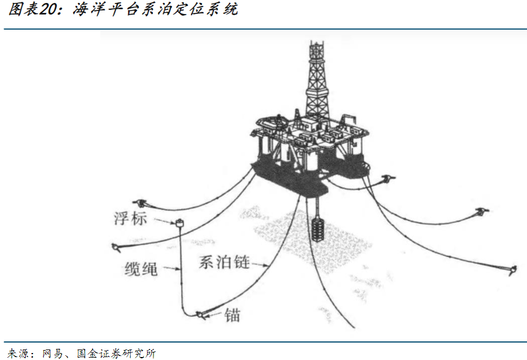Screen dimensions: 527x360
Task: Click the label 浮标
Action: point(130,218)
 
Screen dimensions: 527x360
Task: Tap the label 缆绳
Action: point(141,269)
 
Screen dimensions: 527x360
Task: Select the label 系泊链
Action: point(224,262)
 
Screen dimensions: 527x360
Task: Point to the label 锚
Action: point(232,315)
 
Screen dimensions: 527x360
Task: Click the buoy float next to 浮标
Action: point(180,222)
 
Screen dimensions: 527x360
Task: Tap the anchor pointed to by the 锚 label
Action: point(201,315)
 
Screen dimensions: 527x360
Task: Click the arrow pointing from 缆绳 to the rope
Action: point(172,268)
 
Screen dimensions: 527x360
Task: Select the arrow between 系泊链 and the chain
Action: point(260,265)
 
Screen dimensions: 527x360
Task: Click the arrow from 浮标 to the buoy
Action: point(165,222)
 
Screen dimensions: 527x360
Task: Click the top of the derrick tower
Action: point(316,41)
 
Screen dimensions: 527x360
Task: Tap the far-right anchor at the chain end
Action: point(512,270)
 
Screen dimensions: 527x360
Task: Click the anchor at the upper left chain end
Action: point(140,202)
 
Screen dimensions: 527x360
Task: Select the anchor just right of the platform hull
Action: point(389,179)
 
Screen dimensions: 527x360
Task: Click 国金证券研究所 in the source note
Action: point(116,353)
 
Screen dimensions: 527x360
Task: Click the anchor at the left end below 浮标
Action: point(116,248)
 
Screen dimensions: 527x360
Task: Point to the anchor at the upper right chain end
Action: point(482,212)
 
